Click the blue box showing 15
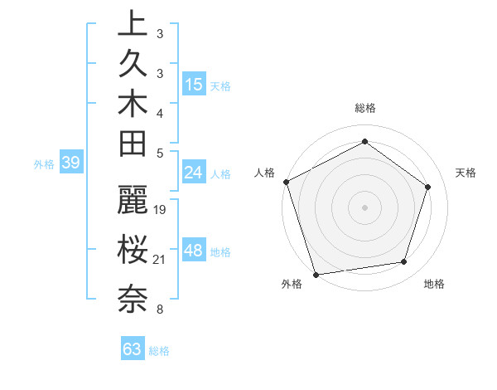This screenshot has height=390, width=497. (194, 85)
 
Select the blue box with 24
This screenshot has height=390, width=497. (194, 173)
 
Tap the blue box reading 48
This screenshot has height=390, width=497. (194, 251)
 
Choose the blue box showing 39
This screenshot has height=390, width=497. (70, 163)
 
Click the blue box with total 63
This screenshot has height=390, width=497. (133, 349)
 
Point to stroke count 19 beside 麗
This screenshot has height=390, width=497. (161, 209)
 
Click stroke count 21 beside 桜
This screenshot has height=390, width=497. (160, 261)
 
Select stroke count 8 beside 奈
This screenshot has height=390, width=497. (160, 310)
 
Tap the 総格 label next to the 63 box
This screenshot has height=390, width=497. (159, 351)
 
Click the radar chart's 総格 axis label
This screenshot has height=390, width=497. (365, 108)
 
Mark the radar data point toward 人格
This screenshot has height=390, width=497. (286, 182)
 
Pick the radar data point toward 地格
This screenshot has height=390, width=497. (404, 262)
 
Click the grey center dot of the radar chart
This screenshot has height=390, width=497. (365, 207)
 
